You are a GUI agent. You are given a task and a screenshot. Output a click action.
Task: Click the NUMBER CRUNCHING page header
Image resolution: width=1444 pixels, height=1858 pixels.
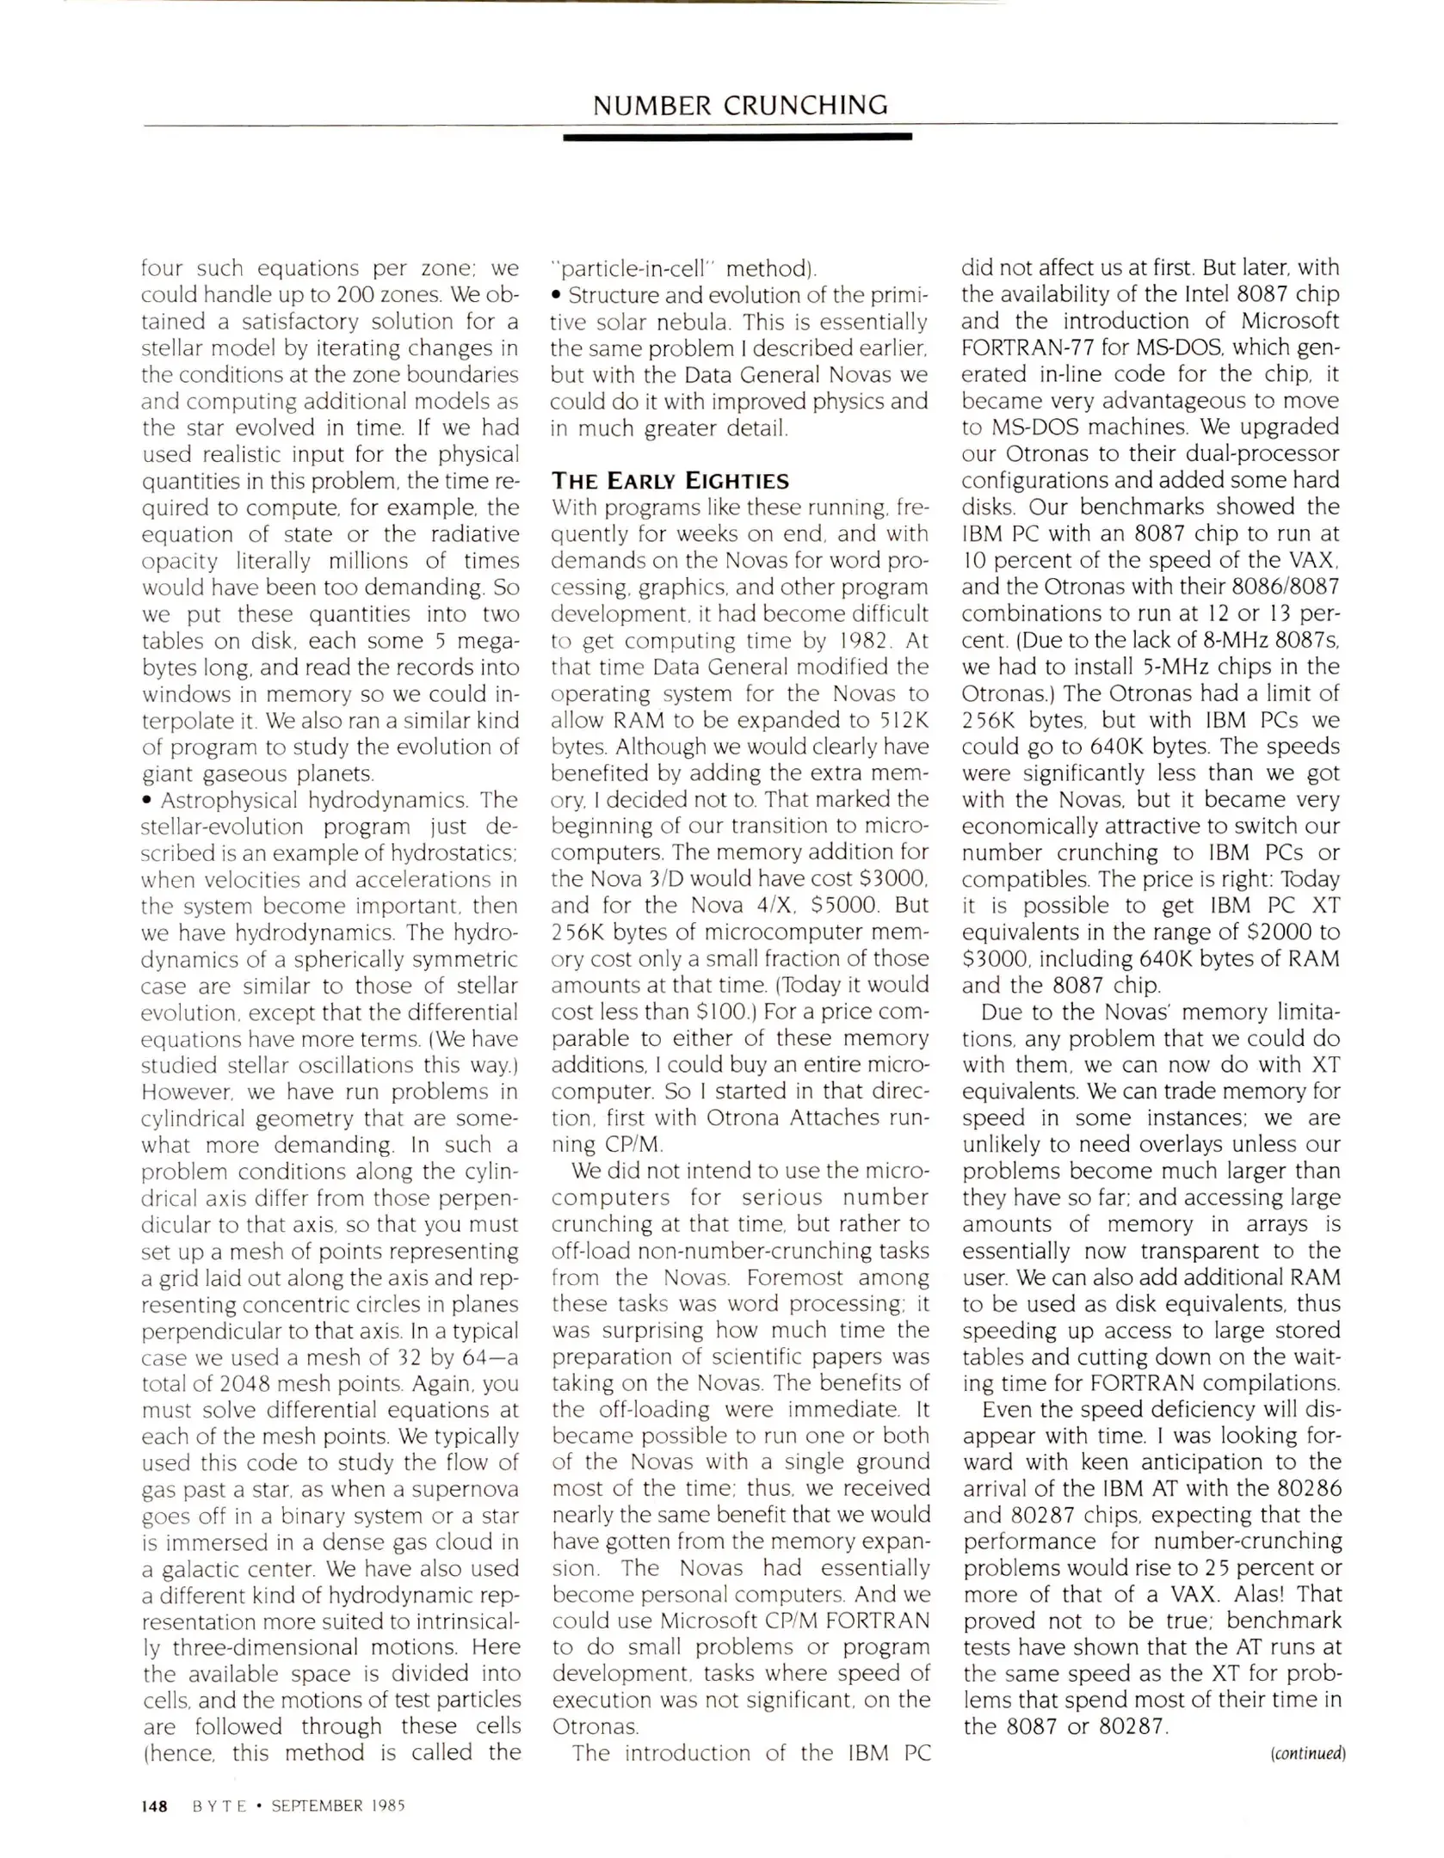740,105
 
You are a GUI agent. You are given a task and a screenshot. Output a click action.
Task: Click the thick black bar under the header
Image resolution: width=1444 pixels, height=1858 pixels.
737,137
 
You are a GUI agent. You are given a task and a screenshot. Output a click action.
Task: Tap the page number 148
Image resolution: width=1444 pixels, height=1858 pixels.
154,1806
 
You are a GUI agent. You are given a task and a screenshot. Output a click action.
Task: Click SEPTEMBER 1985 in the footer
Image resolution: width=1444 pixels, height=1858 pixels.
337,1806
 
